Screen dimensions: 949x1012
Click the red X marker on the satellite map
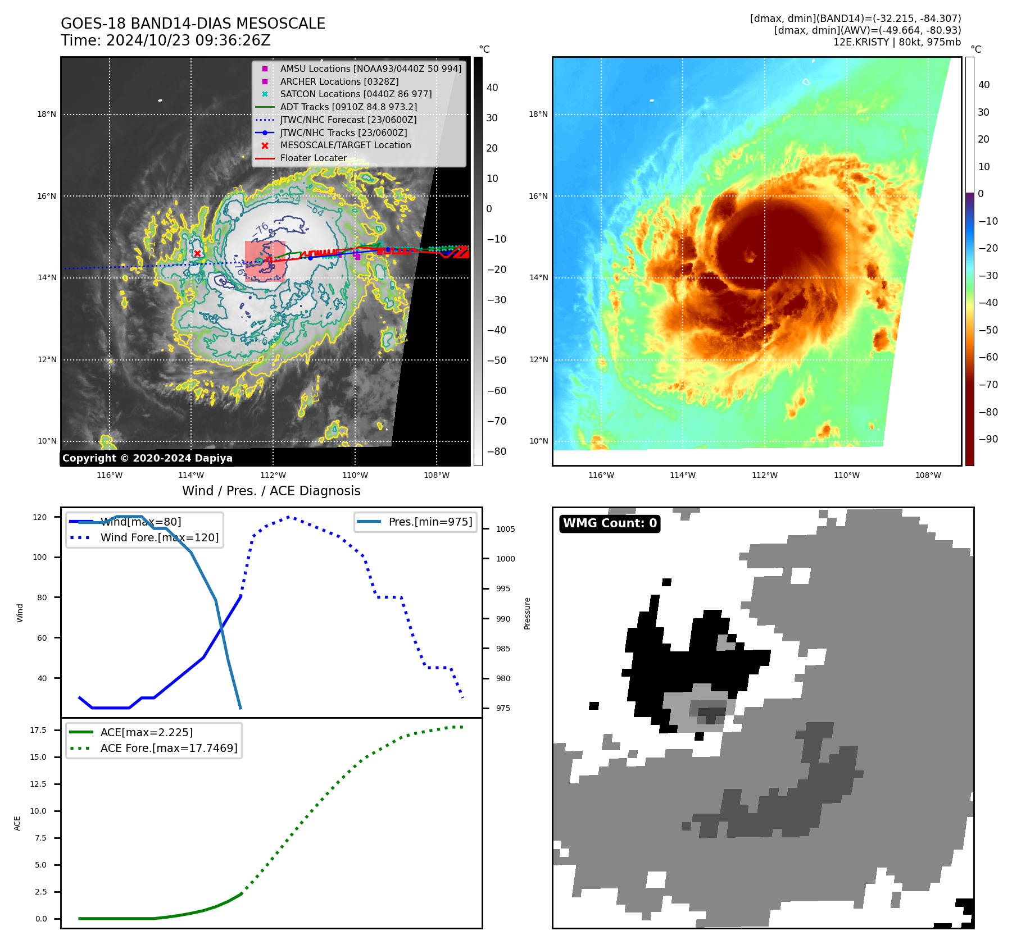pyautogui.click(x=197, y=253)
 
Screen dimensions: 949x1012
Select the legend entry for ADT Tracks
pyautogui.click(x=348, y=107)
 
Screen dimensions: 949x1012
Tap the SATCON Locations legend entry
pyautogui.click(x=356, y=94)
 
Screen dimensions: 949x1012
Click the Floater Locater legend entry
pyautogui.click(x=313, y=158)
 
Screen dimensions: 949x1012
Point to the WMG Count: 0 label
pyautogui.click(x=610, y=523)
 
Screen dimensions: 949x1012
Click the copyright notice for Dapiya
pyautogui.click(x=147, y=458)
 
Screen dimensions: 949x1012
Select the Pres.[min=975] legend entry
pyautogui.click(x=430, y=522)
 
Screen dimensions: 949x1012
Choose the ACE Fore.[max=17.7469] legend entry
pyautogui.click(x=169, y=748)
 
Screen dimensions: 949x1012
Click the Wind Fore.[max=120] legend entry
pyautogui.click(x=159, y=537)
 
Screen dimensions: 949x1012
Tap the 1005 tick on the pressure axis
pyautogui.click(x=505, y=529)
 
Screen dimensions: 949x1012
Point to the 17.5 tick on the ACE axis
pyautogui.click(x=38, y=730)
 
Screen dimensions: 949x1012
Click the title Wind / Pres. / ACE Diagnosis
pyautogui.click(x=271, y=491)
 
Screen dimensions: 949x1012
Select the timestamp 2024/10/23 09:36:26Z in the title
pyautogui.click(x=188, y=40)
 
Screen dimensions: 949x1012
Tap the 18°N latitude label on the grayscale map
pyautogui.click(x=47, y=115)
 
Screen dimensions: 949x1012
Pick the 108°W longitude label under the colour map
pyautogui.click(x=928, y=475)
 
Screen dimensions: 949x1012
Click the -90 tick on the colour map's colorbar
pyautogui.click(x=988, y=439)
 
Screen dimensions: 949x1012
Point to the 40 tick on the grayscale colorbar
pyautogui.click(x=492, y=88)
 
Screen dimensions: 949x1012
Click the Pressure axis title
pyautogui.click(x=527, y=613)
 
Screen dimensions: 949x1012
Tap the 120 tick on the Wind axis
pyautogui.click(x=40, y=517)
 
